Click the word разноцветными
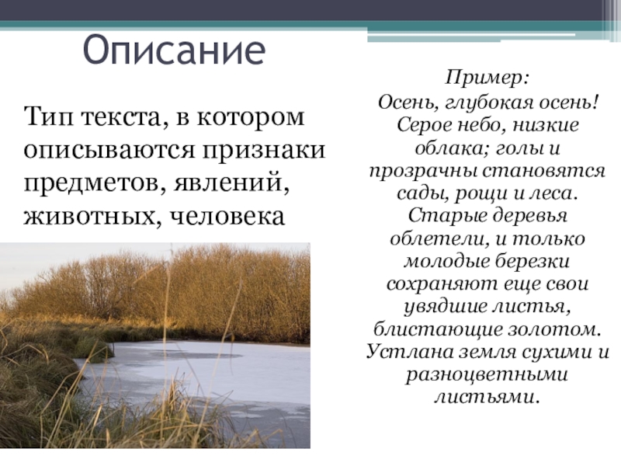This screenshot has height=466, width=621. (x=487, y=374)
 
